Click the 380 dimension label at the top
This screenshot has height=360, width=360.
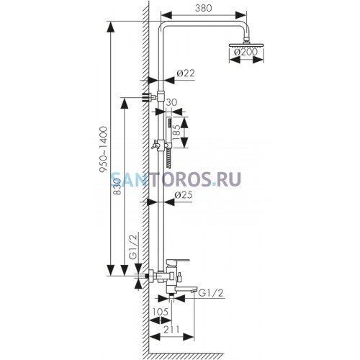[204, 8]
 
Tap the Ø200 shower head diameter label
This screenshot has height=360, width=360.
[246, 52]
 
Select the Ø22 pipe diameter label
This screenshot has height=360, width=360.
[185, 73]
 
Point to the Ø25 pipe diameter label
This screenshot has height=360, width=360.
[184, 195]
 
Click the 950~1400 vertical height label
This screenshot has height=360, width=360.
[104, 149]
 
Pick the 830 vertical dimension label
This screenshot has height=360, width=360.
[117, 186]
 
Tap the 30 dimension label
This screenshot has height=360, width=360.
[171, 102]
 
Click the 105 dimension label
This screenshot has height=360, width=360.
[160, 312]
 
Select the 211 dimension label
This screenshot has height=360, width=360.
[171, 329]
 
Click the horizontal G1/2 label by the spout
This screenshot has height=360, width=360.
[211, 293]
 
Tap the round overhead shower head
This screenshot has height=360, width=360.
[246, 45]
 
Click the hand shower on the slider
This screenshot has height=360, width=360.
[168, 142]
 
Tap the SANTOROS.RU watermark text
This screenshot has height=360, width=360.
[176, 179]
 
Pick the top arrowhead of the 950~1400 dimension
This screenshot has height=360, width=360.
[110, 27]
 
